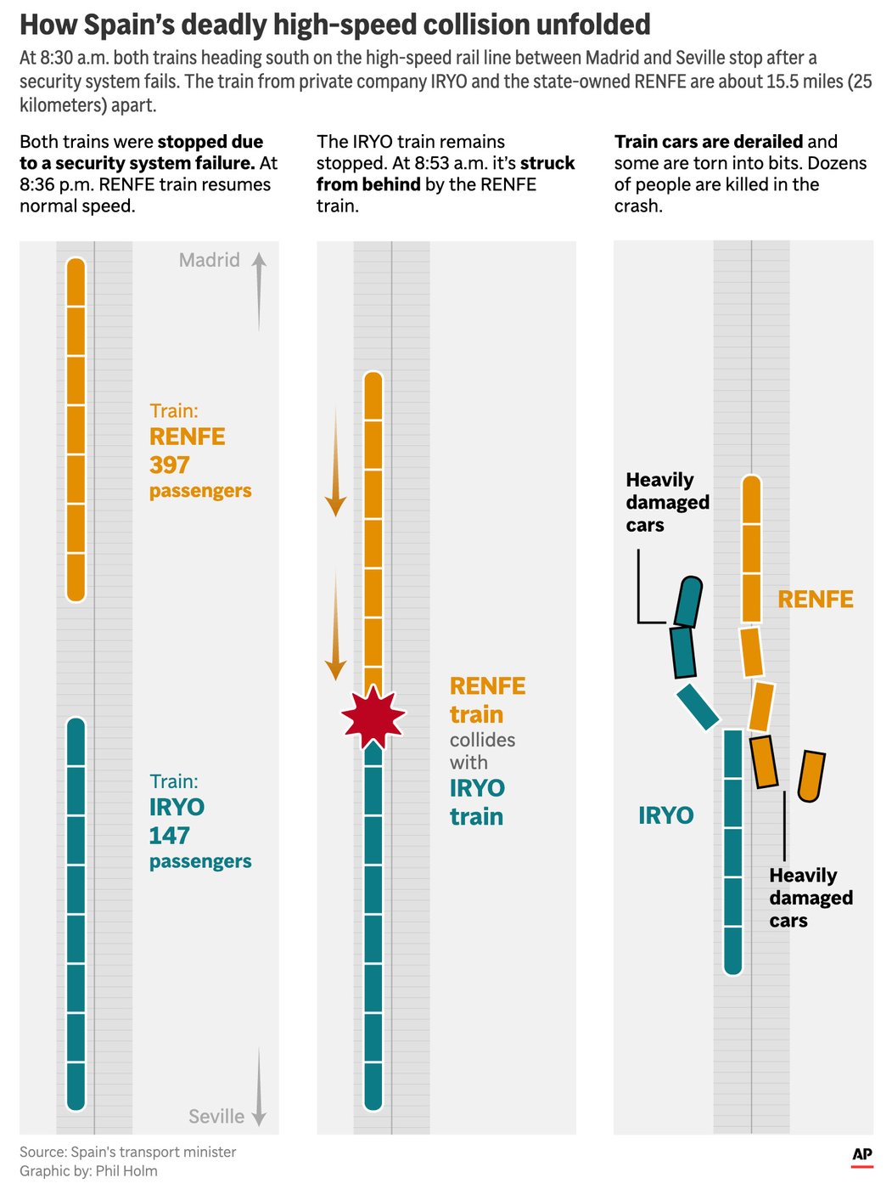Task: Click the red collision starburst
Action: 373,716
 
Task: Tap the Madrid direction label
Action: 209,260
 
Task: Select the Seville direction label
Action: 216,1116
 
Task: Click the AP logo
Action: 861,1154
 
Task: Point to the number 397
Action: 170,465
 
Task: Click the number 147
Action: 170,836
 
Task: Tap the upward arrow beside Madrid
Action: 259,292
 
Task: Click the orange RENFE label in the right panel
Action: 815,599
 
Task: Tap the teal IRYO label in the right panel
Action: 665,815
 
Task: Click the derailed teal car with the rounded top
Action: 688,601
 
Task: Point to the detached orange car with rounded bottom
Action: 811,775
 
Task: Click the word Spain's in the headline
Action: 130,25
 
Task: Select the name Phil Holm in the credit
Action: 126,1170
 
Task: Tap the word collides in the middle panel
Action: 482,740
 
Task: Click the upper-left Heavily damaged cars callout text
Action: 667,502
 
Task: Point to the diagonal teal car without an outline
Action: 698,707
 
